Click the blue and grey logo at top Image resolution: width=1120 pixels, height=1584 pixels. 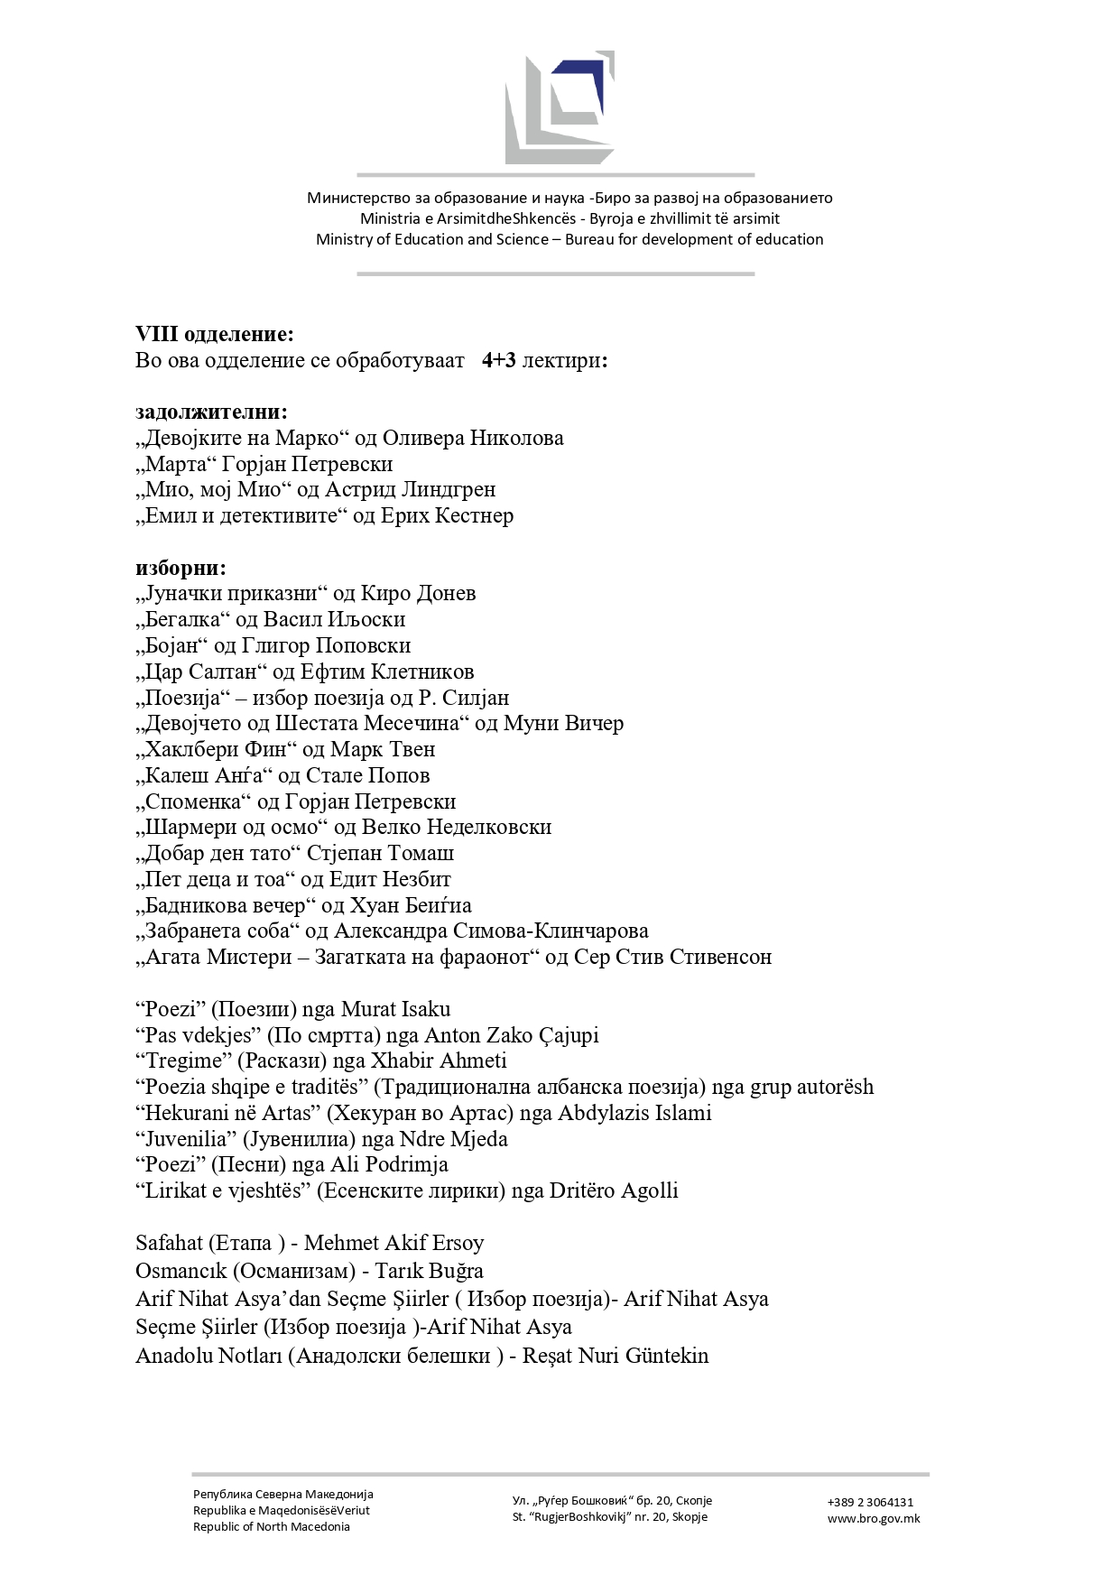(560, 107)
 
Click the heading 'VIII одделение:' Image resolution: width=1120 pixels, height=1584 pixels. (215, 334)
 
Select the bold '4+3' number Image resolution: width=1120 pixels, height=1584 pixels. (498, 360)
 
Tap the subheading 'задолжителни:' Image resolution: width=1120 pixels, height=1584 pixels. (211, 412)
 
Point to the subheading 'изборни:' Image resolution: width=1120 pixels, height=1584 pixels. (180, 568)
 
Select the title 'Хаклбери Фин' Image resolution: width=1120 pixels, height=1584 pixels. (217, 749)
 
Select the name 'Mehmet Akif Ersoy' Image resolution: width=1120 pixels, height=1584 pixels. (393, 1243)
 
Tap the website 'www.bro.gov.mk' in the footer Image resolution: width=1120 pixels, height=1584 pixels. (874, 1518)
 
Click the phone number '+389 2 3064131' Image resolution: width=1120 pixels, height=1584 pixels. (870, 1502)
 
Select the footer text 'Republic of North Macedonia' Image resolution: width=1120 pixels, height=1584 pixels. (271, 1526)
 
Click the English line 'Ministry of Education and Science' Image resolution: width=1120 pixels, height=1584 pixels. (431, 239)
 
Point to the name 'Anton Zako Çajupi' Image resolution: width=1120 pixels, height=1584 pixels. (511, 1035)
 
